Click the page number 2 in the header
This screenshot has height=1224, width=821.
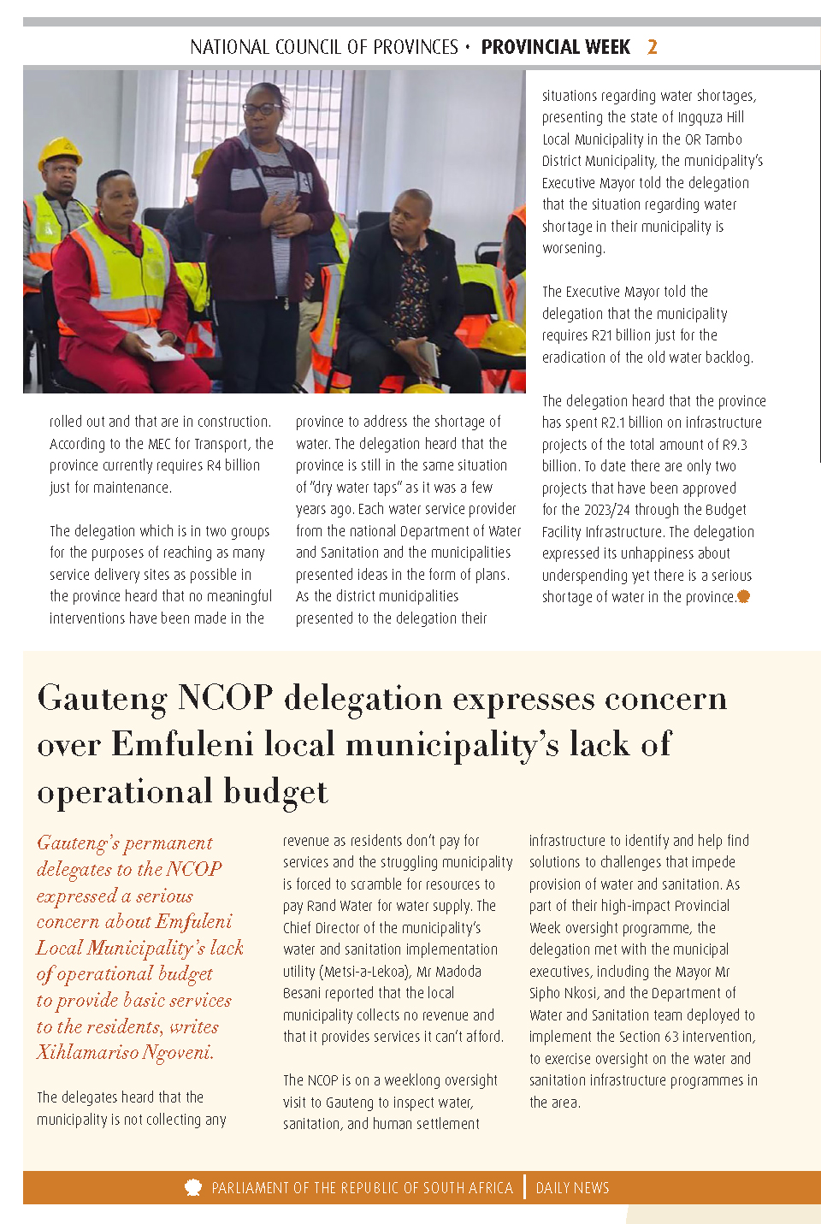tap(653, 47)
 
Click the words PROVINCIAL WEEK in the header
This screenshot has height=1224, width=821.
tap(555, 47)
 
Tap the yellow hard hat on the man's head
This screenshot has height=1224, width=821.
tap(60, 153)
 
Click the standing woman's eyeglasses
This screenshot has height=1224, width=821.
tap(262, 109)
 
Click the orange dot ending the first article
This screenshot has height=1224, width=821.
tap(743, 597)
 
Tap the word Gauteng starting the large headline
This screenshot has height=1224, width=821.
tap(103, 698)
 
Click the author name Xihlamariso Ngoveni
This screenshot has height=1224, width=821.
tap(124, 1052)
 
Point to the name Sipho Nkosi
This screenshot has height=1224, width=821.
tap(564, 993)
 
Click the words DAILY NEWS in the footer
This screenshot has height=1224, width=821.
tap(572, 1188)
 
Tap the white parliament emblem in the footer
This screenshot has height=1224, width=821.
tap(193, 1187)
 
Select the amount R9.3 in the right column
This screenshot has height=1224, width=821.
tap(734, 445)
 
